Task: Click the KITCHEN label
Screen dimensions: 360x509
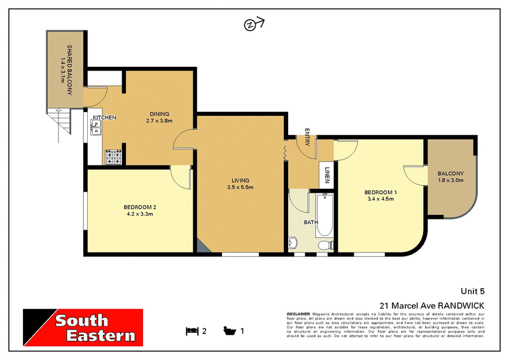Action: point(104,118)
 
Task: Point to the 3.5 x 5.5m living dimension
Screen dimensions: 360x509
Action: point(241,188)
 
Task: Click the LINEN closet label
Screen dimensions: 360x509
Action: point(327,174)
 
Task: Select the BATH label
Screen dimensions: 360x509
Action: point(310,223)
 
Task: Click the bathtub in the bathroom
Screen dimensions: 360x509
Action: point(324,216)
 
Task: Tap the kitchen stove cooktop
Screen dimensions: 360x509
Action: point(114,156)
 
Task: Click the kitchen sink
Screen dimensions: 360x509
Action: point(95,130)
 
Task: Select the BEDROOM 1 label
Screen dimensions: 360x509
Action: point(380,192)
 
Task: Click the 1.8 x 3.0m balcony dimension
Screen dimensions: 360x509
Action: point(450,181)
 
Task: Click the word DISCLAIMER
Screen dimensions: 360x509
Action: point(298,314)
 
